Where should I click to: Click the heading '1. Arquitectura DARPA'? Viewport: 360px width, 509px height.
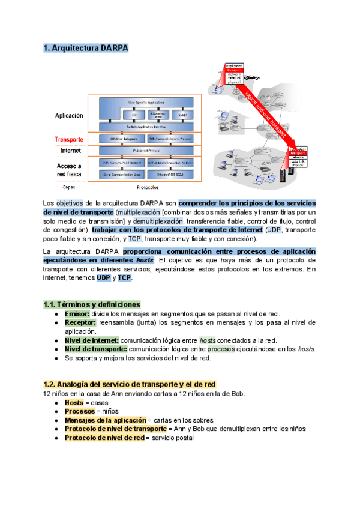tap(86, 48)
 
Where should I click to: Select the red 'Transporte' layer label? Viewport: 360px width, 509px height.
tap(68, 139)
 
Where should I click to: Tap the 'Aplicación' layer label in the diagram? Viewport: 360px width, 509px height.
tap(69, 115)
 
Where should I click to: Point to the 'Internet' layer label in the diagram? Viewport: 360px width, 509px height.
tap(69, 150)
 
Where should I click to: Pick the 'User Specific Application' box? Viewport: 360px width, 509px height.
tap(148, 103)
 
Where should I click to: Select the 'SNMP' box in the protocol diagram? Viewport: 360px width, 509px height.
tap(182, 114)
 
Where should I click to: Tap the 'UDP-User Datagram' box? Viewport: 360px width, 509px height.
tap(121, 139)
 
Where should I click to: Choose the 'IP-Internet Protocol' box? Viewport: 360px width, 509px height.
tap(148, 150)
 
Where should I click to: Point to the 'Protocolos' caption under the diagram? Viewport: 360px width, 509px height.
tap(148, 187)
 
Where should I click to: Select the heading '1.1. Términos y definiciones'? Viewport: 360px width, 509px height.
tap(92, 304)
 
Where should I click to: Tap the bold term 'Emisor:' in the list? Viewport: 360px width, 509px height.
tap(77, 314)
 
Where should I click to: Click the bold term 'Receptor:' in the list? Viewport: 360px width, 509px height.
tap(80, 322)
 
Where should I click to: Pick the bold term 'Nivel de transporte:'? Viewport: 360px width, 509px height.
tap(95, 349)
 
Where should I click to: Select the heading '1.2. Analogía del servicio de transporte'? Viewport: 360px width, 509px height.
tap(130, 384)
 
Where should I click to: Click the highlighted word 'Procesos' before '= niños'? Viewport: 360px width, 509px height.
tap(80, 411)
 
